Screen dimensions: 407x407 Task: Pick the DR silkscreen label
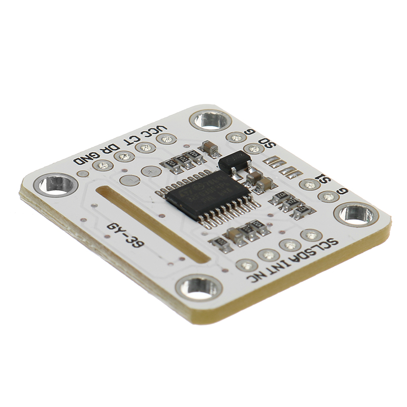(110, 147)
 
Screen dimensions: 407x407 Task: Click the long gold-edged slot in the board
(152, 223)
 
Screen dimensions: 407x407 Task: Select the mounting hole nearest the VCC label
(210, 121)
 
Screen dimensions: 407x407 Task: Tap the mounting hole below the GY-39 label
(199, 287)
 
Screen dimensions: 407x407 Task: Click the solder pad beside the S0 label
(253, 149)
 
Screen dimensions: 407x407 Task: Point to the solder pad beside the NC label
(247, 265)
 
